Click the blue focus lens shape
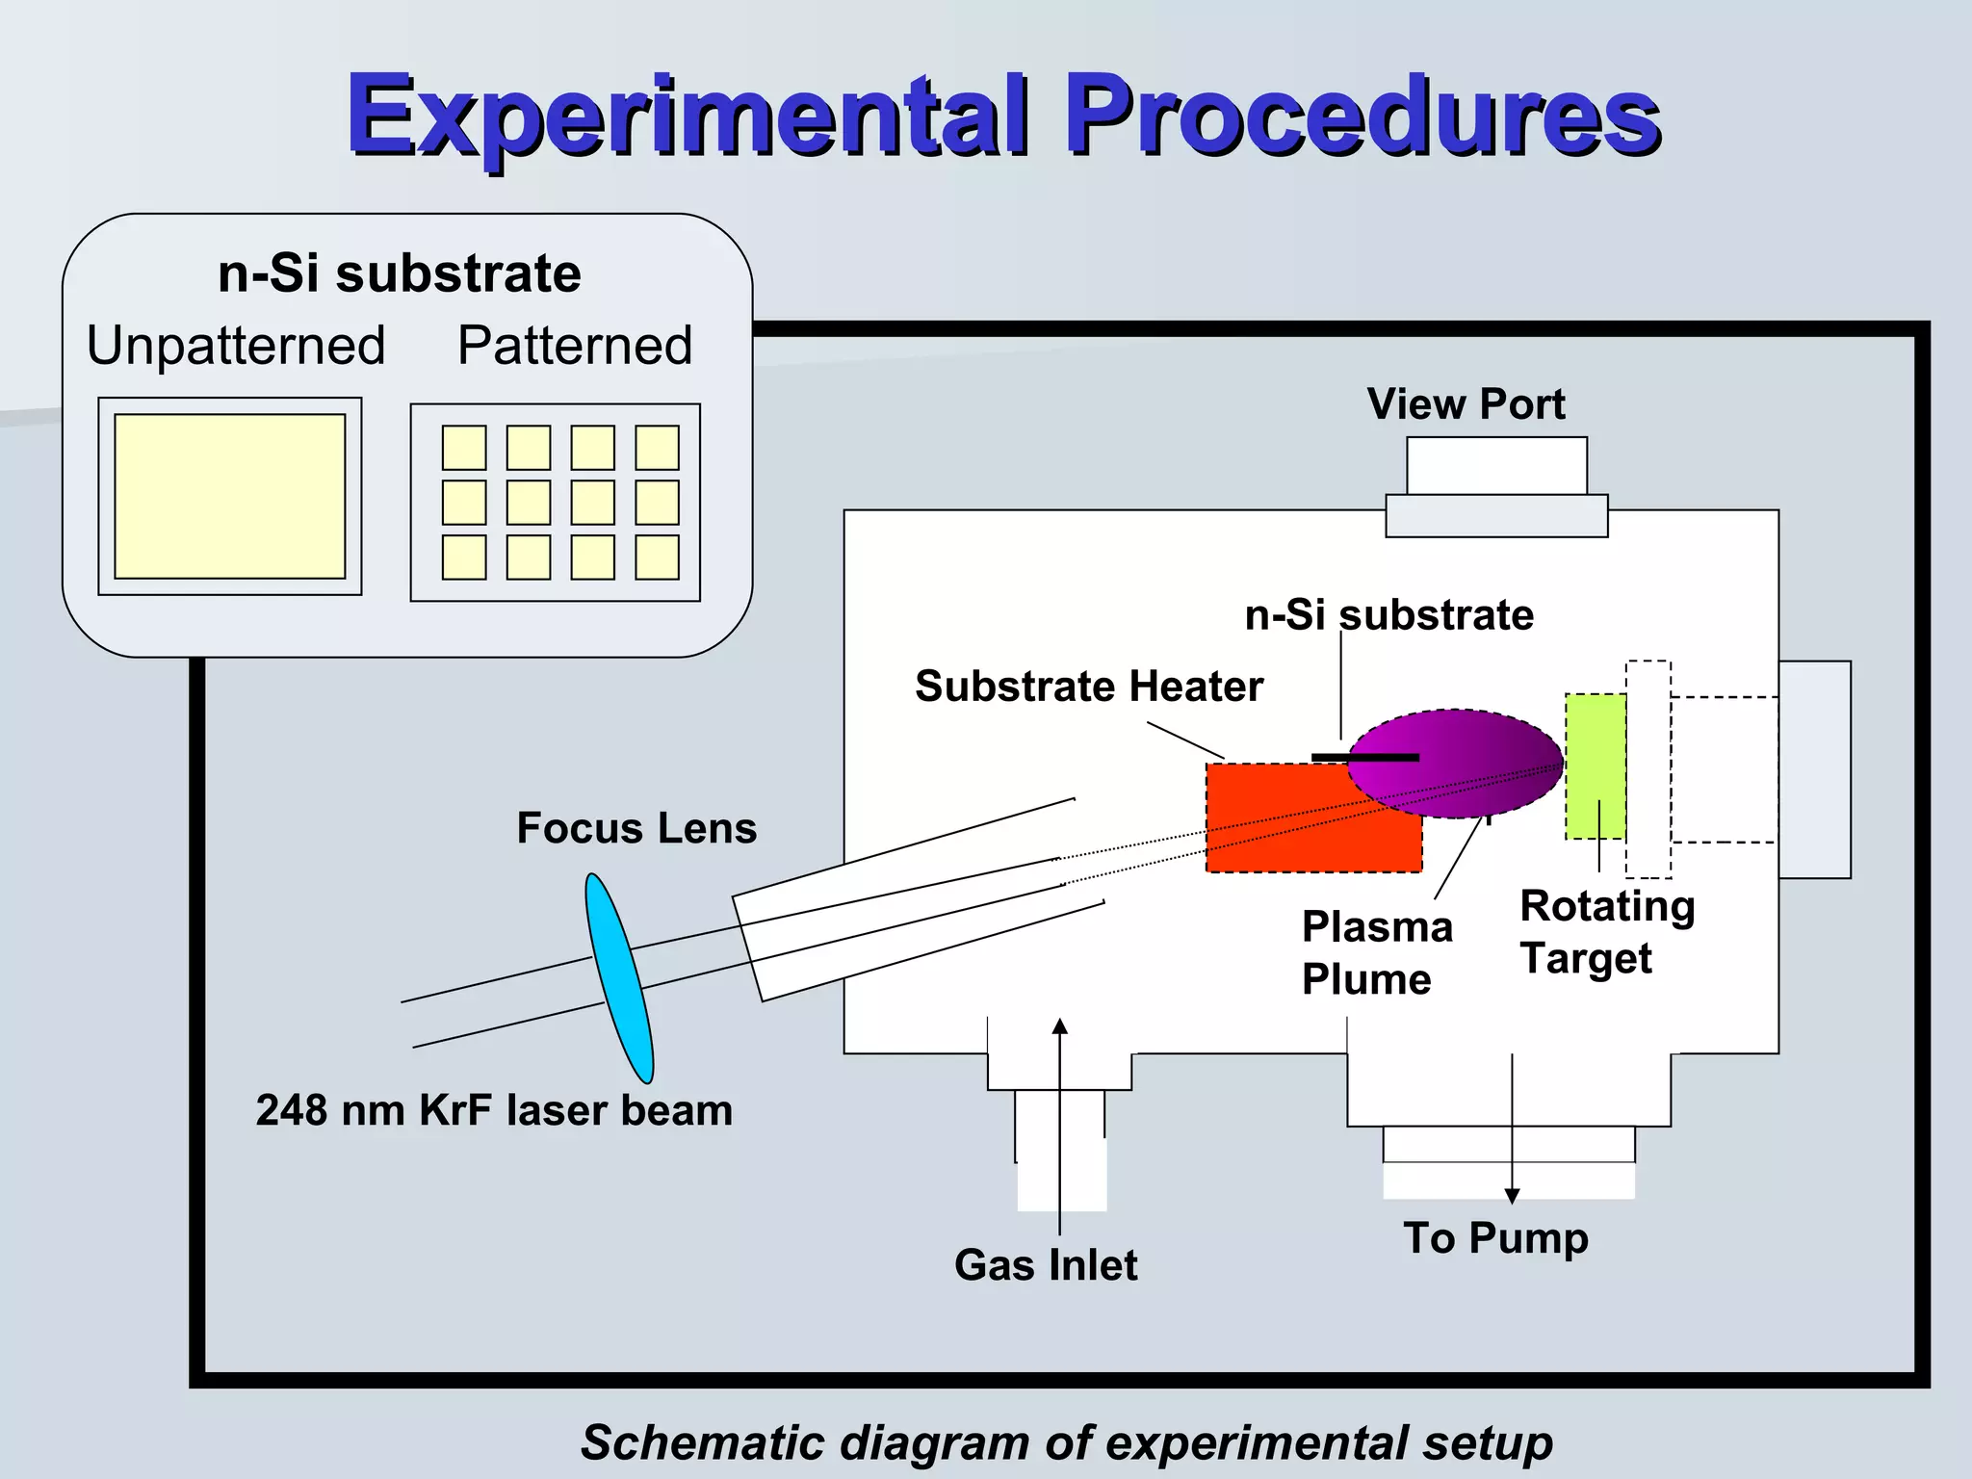(x=619, y=977)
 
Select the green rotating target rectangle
(x=1595, y=765)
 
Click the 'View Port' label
(x=1466, y=404)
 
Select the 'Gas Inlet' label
(x=1046, y=1265)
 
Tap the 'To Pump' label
(x=1495, y=1238)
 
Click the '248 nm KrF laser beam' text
(x=494, y=1110)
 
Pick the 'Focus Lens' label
(x=636, y=828)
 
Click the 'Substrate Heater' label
(x=1088, y=687)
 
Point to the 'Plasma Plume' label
(x=1377, y=953)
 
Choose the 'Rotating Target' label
(x=1606, y=932)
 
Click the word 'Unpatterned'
(x=236, y=345)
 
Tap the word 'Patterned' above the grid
(x=575, y=345)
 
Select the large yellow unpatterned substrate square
(x=230, y=496)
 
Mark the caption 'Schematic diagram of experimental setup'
(x=1066, y=1442)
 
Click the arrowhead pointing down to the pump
(x=1512, y=1196)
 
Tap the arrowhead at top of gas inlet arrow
(x=1060, y=1026)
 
